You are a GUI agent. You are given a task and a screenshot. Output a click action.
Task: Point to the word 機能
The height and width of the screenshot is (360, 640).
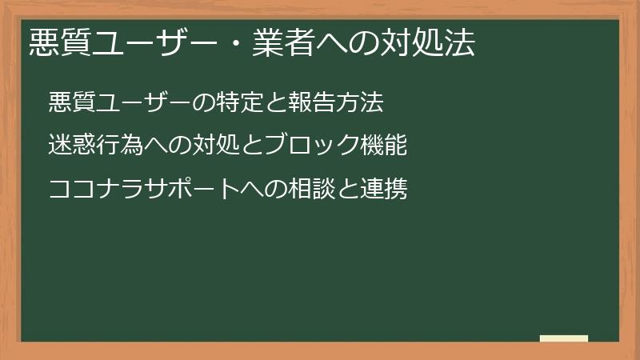point(387,146)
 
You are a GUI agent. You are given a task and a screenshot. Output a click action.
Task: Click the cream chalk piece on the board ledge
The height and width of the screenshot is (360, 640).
point(563,338)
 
